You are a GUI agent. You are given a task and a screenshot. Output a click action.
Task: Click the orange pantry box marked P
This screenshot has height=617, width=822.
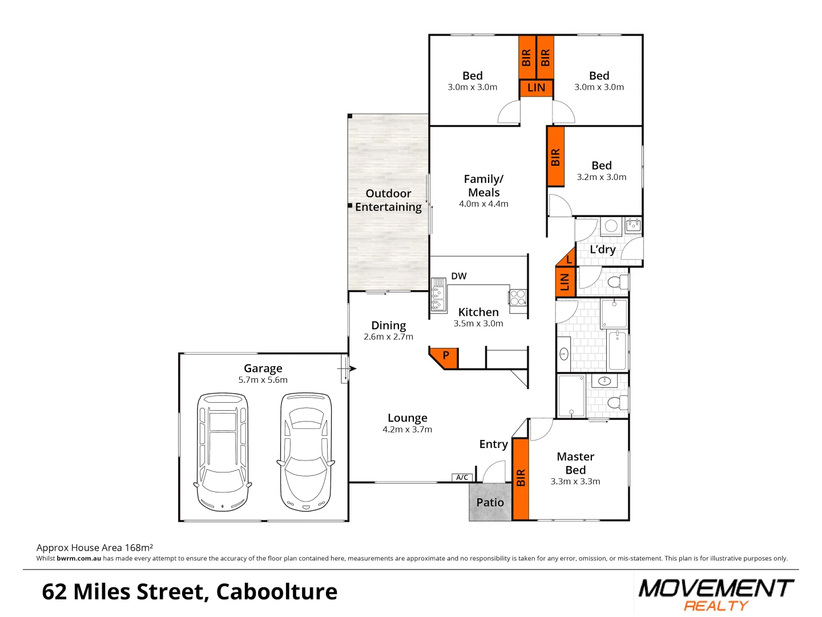pos(445,356)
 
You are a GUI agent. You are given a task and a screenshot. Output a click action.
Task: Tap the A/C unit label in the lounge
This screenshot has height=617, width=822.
pos(462,477)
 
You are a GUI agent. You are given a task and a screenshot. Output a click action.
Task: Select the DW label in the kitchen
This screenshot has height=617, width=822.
pos(458,276)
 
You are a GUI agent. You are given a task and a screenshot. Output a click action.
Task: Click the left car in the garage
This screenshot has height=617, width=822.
pos(223,451)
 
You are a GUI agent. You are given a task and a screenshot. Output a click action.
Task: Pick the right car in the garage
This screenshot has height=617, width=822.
pos(306,451)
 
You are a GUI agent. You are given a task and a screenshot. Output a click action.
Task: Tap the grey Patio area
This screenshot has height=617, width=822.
pos(490,502)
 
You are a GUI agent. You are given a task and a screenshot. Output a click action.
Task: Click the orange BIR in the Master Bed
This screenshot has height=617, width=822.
pos(520,479)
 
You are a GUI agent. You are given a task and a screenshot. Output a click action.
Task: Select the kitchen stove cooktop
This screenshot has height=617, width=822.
pos(518,298)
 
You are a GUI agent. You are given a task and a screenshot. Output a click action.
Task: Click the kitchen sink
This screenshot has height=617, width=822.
pos(438,297)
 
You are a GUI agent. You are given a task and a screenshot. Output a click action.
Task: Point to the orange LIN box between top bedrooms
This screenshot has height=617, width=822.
pos(536,88)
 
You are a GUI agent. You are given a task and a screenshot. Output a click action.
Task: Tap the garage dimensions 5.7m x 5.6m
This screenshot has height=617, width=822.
pos(263,380)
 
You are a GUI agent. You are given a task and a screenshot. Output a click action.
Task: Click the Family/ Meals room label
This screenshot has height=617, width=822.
pos(483,186)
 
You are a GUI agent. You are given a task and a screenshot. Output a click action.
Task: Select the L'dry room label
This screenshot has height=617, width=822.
pos(602,250)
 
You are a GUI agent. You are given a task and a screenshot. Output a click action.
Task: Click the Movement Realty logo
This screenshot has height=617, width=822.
pos(716,594)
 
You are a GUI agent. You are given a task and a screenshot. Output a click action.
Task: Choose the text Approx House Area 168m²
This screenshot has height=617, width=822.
pos(95,547)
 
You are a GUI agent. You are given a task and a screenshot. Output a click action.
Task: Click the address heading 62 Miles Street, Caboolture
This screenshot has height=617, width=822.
pos(190,592)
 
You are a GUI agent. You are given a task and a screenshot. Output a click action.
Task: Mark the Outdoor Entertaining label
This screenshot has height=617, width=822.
pos(388,200)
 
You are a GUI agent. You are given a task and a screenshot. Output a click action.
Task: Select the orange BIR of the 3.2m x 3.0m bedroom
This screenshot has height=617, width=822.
pos(555,157)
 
